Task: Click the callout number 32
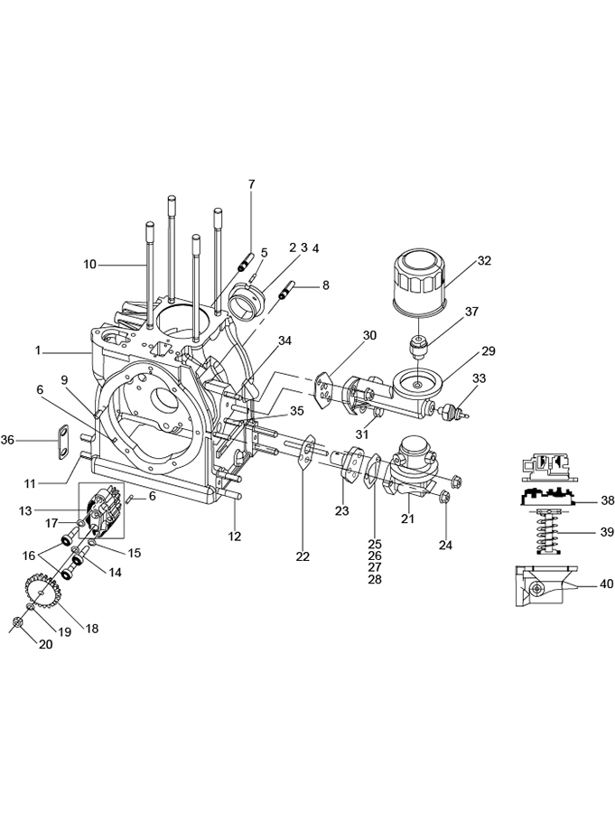click(x=484, y=260)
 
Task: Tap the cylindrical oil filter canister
click(x=421, y=284)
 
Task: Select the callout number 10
click(x=90, y=264)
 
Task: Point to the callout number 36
click(x=7, y=439)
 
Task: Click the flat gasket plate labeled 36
click(x=63, y=439)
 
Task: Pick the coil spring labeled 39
click(x=548, y=531)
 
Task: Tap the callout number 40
click(x=606, y=584)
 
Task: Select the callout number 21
click(x=406, y=518)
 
